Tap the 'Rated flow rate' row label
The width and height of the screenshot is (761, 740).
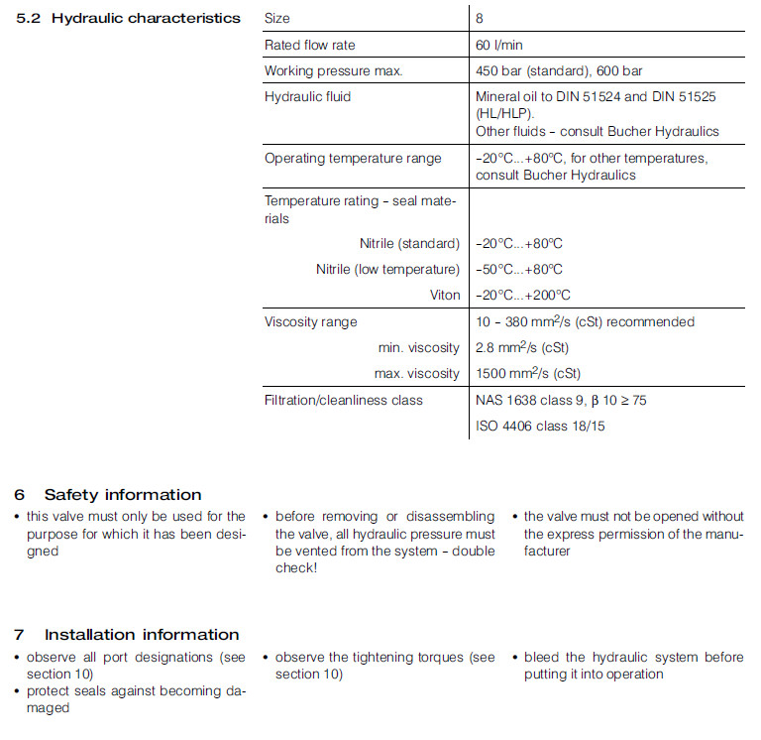tap(309, 45)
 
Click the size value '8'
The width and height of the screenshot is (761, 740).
tap(480, 18)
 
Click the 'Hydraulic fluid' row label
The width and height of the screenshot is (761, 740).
tap(307, 97)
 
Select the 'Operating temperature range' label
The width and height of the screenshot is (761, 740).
tap(353, 159)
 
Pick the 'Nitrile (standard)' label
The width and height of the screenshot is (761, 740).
tap(409, 243)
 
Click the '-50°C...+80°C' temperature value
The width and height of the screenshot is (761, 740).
tap(519, 269)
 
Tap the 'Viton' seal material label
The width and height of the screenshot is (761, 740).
tap(445, 295)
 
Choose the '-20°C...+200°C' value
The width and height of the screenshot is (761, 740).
tap(523, 295)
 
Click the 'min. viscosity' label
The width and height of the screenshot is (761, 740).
tap(418, 347)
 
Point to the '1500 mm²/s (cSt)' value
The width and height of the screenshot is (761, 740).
tap(528, 373)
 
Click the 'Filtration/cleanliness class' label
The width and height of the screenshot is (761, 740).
tap(343, 400)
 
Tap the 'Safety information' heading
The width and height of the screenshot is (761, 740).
tap(122, 494)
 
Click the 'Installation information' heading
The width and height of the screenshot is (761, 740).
tap(142, 634)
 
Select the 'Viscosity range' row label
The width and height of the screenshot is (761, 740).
tap(310, 321)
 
